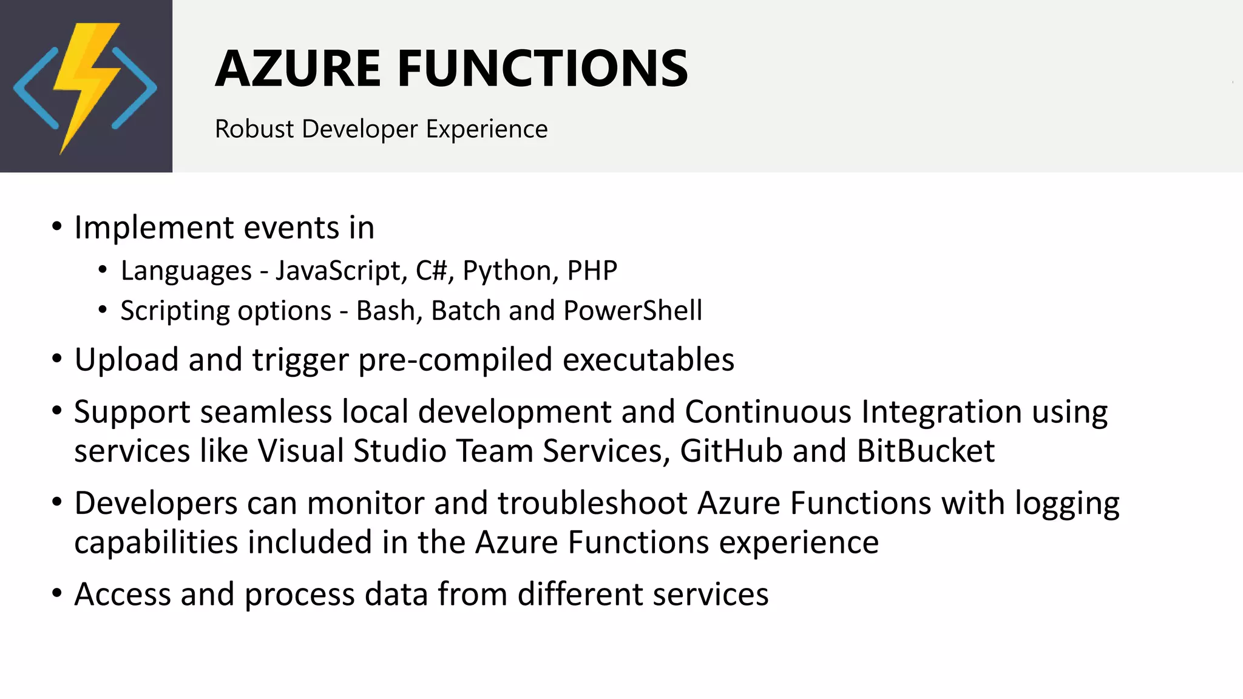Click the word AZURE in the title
pyautogui.click(x=298, y=69)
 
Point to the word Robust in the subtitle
pyautogui.click(x=254, y=129)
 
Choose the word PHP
pyautogui.click(x=592, y=271)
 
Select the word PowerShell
pyautogui.click(x=632, y=311)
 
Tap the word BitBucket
pyautogui.click(x=926, y=451)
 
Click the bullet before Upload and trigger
pyautogui.click(x=57, y=359)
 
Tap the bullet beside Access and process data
pyautogui.click(x=57, y=593)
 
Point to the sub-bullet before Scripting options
pyautogui.click(x=103, y=311)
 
